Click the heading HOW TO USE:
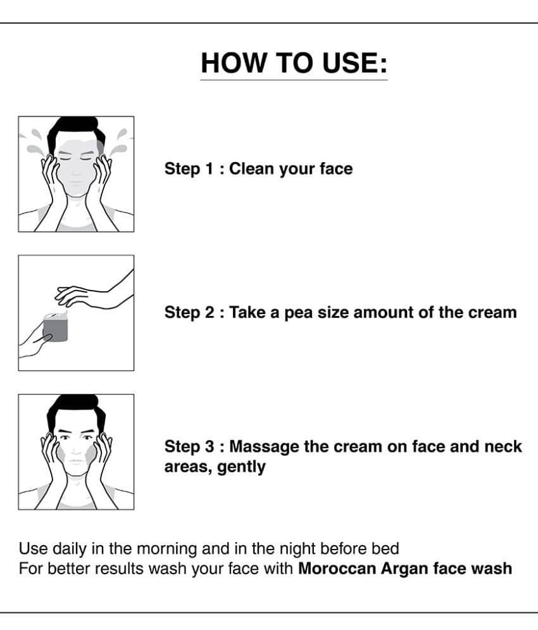pyautogui.click(x=294, y=63)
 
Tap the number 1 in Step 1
pyautogui.click(x=209, y=169)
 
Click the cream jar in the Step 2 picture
pyautogui.click(x=56, y=327)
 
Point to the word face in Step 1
pyautogui.click(x=336, y=169)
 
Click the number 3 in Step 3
pyautogui.click(x=210, y=447)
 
